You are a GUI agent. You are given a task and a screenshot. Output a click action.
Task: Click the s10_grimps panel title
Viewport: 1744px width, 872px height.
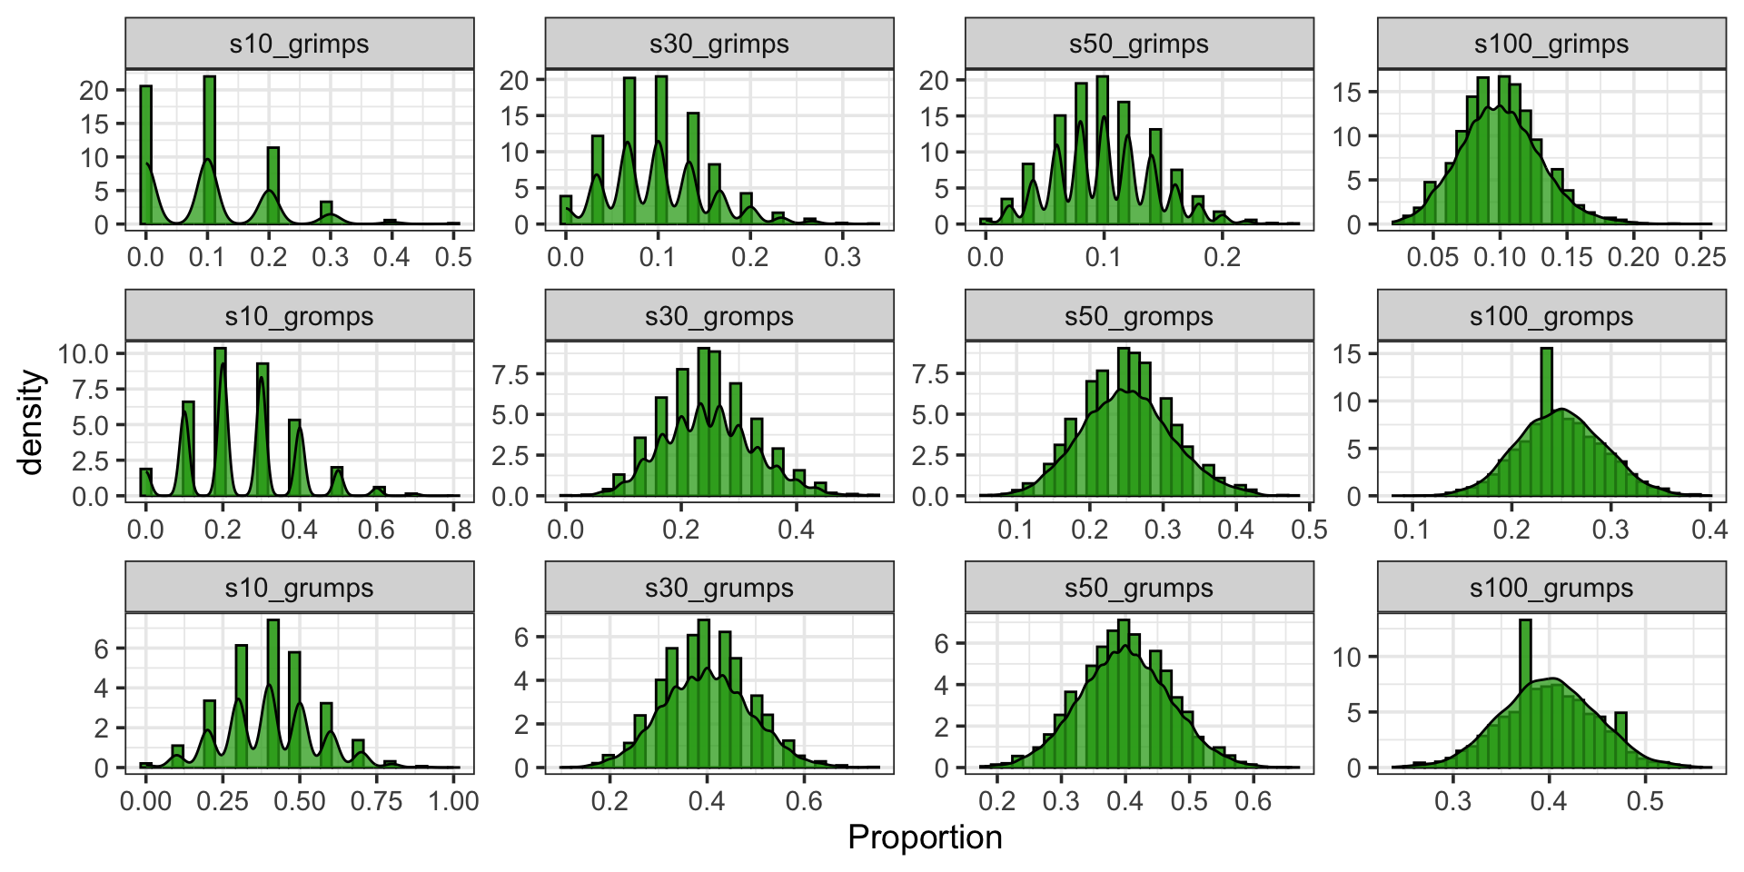coord(299,44)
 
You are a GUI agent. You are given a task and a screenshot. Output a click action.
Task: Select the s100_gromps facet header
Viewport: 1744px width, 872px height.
coord(1551,316)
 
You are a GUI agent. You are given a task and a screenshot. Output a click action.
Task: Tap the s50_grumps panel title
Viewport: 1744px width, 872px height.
coord(1139,588)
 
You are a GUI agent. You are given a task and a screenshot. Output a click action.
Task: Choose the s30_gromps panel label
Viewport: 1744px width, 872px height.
coord(719,316)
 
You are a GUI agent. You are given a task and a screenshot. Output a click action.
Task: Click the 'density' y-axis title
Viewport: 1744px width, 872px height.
coord(31,421)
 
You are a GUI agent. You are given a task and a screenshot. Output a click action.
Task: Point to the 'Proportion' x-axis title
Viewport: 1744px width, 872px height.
coord(925,837)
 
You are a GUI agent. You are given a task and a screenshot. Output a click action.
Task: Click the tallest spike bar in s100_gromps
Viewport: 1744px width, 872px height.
coord(1547,422)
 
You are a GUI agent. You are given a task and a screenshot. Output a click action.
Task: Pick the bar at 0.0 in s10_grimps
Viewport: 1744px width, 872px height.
coord(145,154)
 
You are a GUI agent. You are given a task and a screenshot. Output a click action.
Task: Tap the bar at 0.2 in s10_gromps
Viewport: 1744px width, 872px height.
coord(220,422)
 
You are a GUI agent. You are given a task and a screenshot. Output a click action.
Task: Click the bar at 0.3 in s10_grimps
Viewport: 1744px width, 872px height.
coord(326,213)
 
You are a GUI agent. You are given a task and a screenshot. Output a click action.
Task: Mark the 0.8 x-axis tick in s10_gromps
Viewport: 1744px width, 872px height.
coord(453,529)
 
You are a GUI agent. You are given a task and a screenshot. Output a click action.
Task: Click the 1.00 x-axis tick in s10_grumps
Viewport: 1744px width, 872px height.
coord(453,801)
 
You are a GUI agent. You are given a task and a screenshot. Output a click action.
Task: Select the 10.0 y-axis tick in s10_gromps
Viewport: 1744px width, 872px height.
coord(84,353)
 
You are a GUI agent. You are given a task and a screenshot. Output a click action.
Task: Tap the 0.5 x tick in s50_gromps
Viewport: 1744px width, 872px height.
coord(1309,529)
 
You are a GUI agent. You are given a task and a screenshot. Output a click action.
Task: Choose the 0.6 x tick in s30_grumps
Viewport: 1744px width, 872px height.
coord(804,801)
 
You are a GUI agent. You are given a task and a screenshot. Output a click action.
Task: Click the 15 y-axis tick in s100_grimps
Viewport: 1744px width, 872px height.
coord(1348,92)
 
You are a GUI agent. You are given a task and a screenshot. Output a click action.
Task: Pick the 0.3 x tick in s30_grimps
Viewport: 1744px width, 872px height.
coord(842,257)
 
